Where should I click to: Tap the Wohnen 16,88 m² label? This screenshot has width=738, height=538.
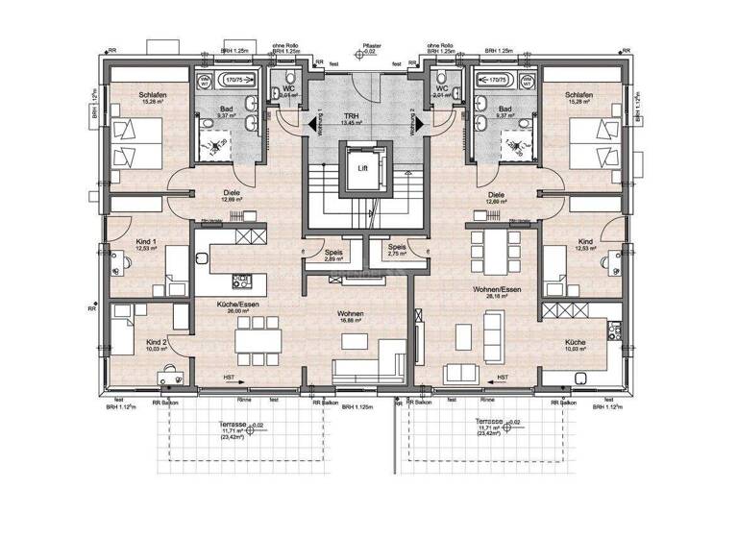349,318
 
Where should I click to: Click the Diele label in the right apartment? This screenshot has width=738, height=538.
497,196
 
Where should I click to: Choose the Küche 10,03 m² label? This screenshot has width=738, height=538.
577,344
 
